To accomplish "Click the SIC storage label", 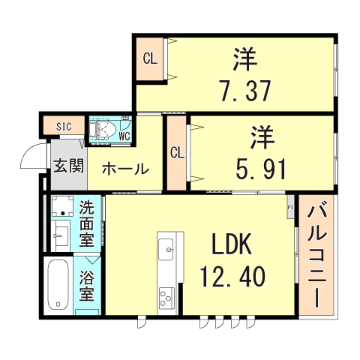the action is coord(64,127).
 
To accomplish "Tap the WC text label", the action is coord(124,136).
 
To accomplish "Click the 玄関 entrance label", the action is coord(69,166).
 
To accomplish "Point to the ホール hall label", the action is coord(125,169).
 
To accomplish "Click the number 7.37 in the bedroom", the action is coord(245,91).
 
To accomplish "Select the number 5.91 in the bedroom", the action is coord(261,169).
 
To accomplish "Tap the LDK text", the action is coord(232,244).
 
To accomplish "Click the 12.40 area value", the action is coord(232,277).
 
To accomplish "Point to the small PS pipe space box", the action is coord(290,207).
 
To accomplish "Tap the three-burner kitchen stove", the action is coord(166,297).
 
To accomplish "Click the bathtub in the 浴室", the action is coord(58,284).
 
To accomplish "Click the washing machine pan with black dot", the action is coord(62,206).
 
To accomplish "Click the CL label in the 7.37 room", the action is coord(150,59).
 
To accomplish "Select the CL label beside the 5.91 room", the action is coord(177,153).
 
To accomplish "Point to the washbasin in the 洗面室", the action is coord(61,236).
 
